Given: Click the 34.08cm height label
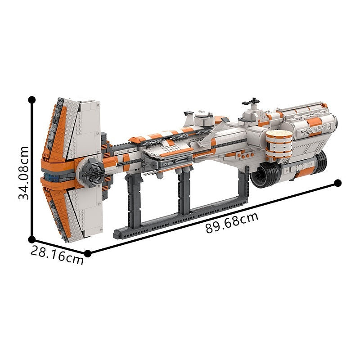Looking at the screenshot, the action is [x=23, y=173].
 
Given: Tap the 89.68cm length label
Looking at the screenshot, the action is [x=232, y=222].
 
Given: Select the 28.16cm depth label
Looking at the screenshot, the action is [x=57, y=255].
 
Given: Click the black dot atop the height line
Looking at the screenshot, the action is [x=31, y=100].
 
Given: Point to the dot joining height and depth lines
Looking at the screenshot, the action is [x=31, y=240].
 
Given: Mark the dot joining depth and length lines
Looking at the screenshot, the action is [x=87, y=253].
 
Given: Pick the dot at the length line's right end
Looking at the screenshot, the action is [x=338, y=183].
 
